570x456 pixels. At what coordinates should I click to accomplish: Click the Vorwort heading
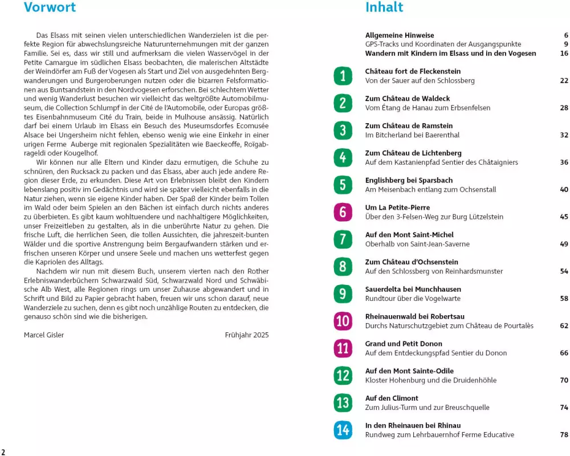(x=50, y=7)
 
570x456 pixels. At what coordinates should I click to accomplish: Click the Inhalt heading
(x=384, y=7)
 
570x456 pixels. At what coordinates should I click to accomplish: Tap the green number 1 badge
(x=343, y=76)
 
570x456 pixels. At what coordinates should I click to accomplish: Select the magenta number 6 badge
(x=343, y=212)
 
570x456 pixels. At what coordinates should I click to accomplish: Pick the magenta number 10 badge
(x=343, y=321)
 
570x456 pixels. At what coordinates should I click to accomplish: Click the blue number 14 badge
(x=343, y=430)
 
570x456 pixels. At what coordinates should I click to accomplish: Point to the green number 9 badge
(x=343, y=294)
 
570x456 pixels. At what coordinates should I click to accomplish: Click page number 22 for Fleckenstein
(x=564, y=81)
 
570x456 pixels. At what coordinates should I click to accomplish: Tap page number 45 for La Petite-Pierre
(x=564, y=217)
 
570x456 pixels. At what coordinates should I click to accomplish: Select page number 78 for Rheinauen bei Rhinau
(x=564, y=435)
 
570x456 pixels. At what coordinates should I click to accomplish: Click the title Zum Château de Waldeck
(x=408, y=99)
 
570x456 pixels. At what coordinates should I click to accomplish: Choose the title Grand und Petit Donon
(x=404, y=344)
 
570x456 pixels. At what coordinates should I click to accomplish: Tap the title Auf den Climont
(x=392, y=398)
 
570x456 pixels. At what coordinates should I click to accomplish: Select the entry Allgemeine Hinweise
(x=400, y=35)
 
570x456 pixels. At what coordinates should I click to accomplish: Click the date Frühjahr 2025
(x=247, y=335)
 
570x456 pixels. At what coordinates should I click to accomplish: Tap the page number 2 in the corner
(x=3, y=451)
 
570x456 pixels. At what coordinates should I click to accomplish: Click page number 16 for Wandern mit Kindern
(x=564, y=54)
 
